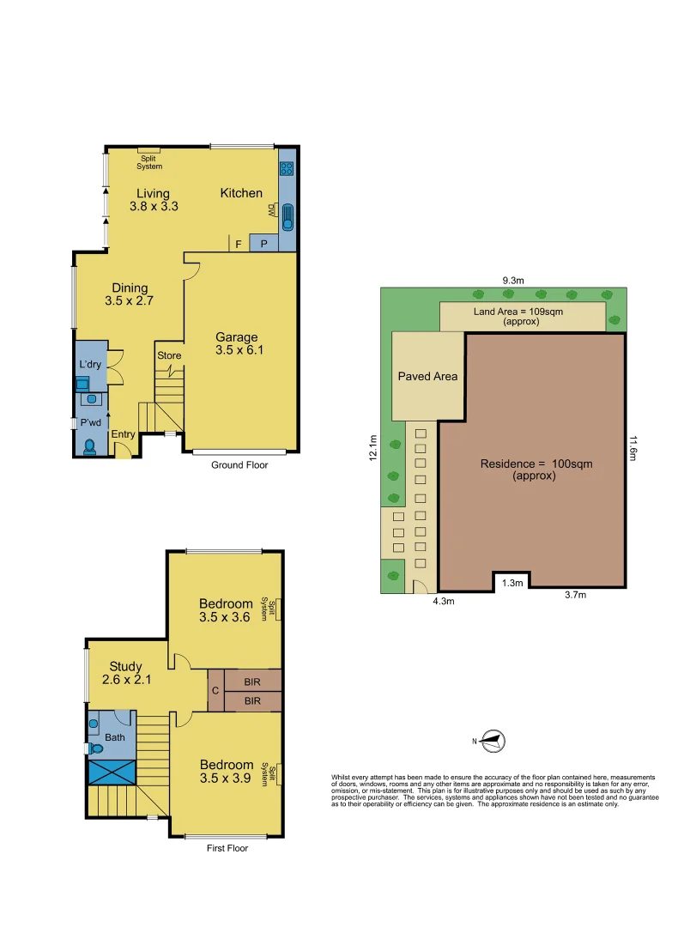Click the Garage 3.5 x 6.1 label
pyautogui.click(x=236, y=343)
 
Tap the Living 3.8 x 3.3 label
pyautogui.click(x=153, y=200)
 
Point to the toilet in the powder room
pyautogui.click(x=90, y=445)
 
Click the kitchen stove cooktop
pyautogui.click(x=287, y=169)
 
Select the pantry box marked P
pyautogui.click(x=263, y=244)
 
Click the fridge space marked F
pyautogui.click(x=238, y=244)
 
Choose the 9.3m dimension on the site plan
pyautogui.click(x=514, y=279)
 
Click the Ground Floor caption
pyautogui.click(x=239, y=465)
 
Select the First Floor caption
pyautogui.click(x=227, y=848)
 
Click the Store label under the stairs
pyautogui.click(x=169, y=355)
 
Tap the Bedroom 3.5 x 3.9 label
pyautogui.click(x=227, y=771)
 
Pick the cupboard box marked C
pyautogui.click(x=214, y=690)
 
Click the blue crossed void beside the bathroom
pyautogui.click(x=112, y=771)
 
